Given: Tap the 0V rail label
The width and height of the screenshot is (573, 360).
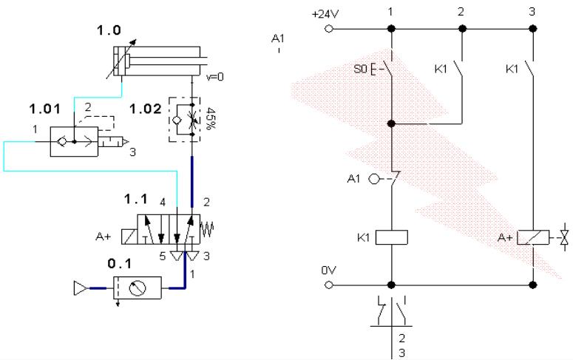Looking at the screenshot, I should tap(328, 270).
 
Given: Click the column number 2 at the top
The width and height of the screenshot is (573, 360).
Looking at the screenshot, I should tap(461, 13).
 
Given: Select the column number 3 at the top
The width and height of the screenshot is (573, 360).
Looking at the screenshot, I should tap(532, 13).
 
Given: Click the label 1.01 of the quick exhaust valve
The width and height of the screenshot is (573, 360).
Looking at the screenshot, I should tap(41, 111).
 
